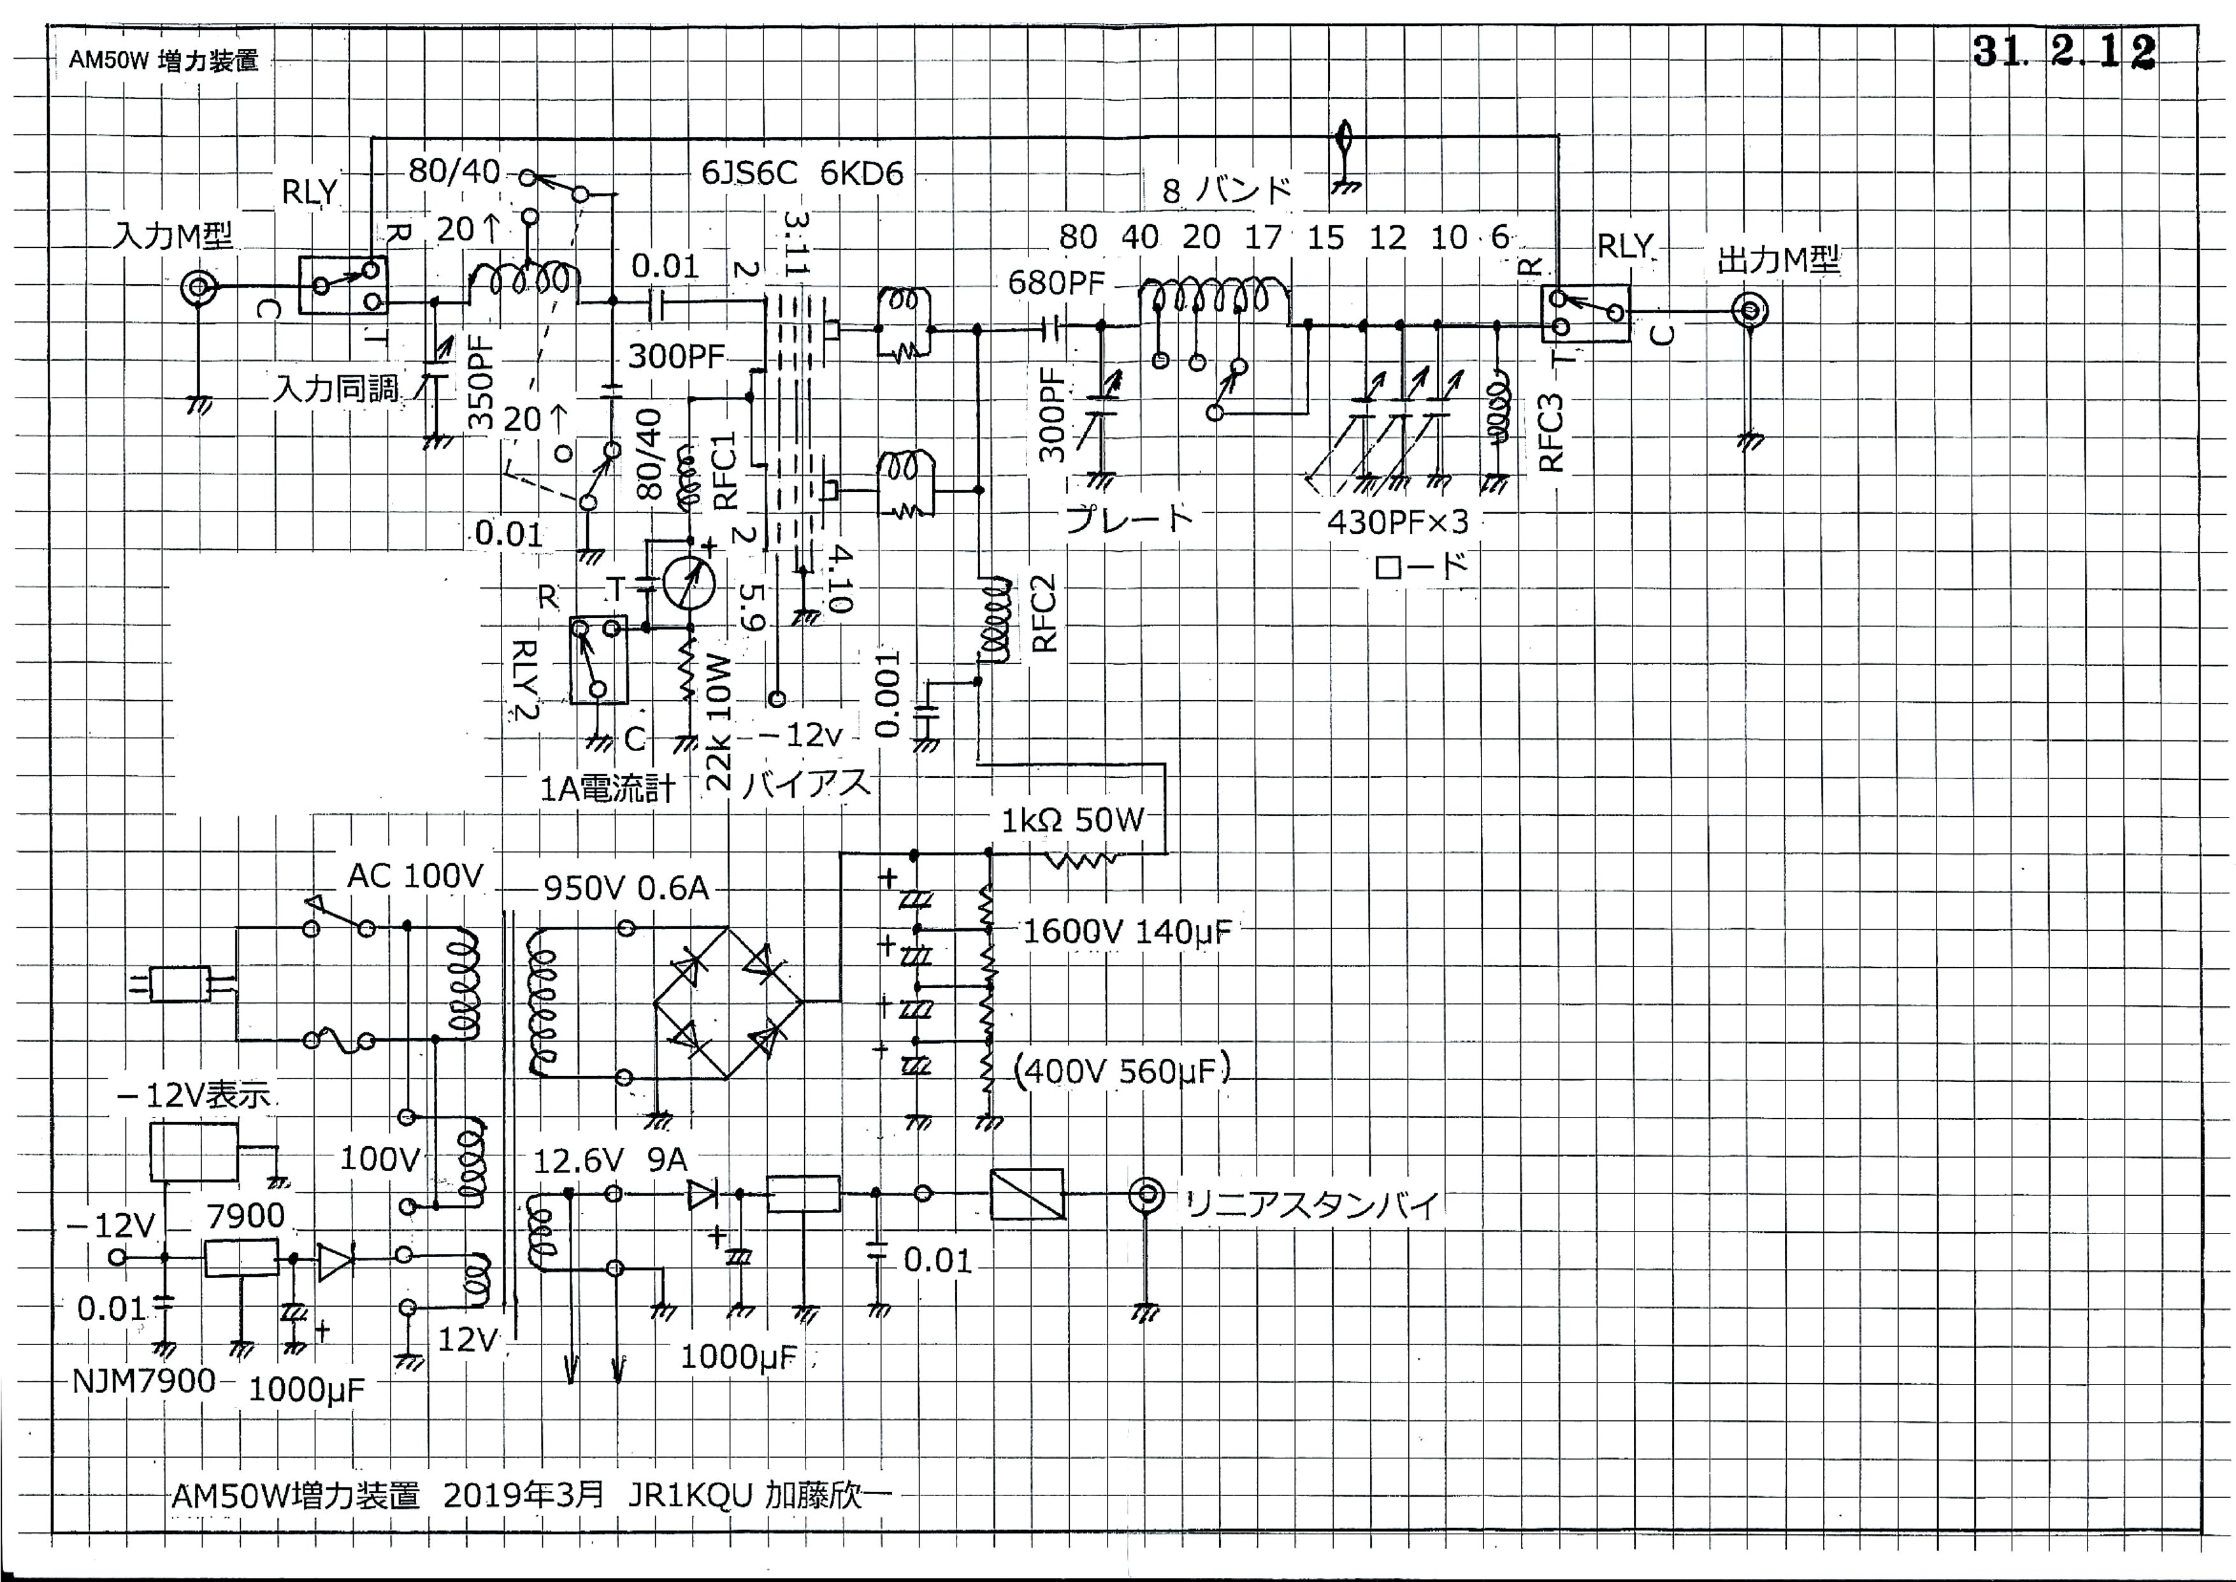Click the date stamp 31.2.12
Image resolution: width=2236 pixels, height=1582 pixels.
tap(2063, 52)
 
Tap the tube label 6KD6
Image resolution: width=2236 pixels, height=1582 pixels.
tap(862, 173)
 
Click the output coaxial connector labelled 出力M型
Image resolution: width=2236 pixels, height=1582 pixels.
tap(1750, 312)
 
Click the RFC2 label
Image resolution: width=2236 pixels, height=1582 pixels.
tap(1044, 613)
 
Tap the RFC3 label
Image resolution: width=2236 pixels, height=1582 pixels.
tap(1550, 433)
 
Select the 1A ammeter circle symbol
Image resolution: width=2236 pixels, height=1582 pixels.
tap(689, 582)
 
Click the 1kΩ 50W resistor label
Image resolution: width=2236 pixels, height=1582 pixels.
tap(1072, 820)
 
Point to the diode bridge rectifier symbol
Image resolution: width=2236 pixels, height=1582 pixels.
tap(727, 1002)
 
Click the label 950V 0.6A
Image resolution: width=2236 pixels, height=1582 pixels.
tap(626, 888)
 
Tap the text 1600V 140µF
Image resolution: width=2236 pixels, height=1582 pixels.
tap(1126, 932)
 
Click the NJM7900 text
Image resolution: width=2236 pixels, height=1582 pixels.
tap(144, 1381)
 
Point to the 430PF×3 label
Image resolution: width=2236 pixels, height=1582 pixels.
tap(1397, 522)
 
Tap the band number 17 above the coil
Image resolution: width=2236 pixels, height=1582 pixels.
tap(1264, 237)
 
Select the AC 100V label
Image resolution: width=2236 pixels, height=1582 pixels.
tap(415, 876)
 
